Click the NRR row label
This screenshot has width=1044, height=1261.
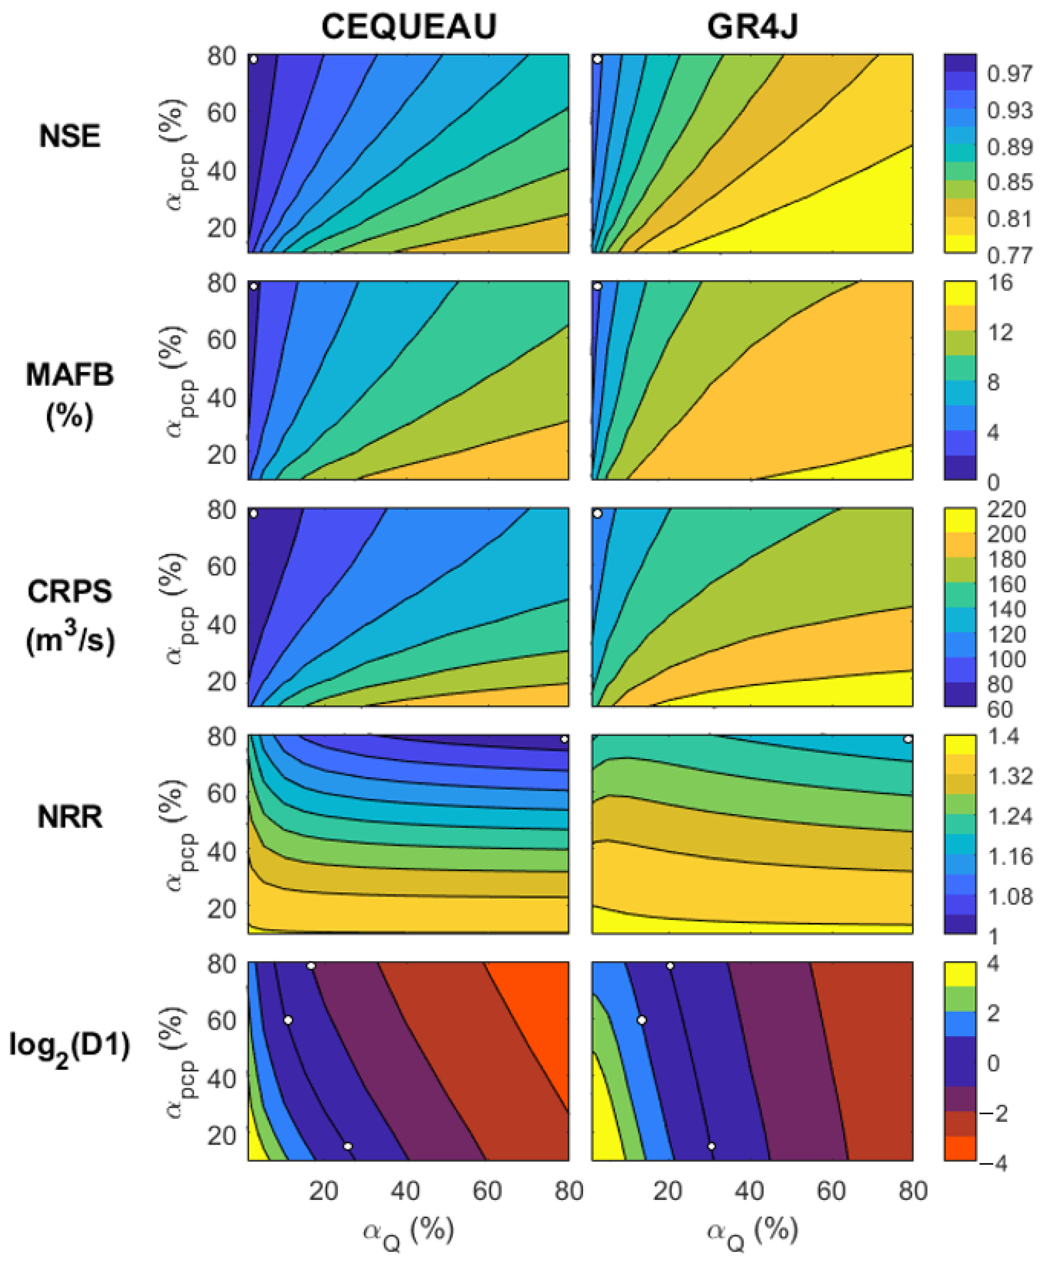[70, 817]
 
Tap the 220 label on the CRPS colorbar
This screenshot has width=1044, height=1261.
[1006, 510]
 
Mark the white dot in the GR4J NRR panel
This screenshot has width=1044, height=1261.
[908, 739]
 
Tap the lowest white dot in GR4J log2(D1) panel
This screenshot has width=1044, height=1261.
[711, 1146]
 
